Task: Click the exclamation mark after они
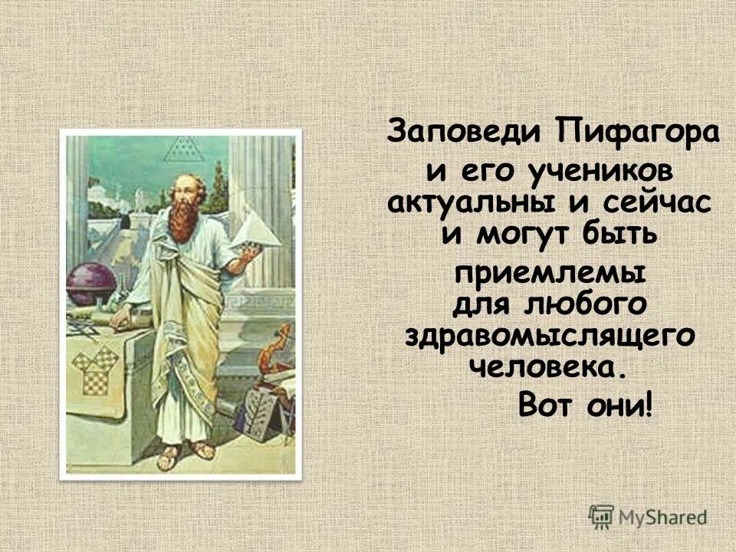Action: (650, 404)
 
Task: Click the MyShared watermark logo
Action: (648, 516)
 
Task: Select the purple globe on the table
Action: (88, 284)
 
